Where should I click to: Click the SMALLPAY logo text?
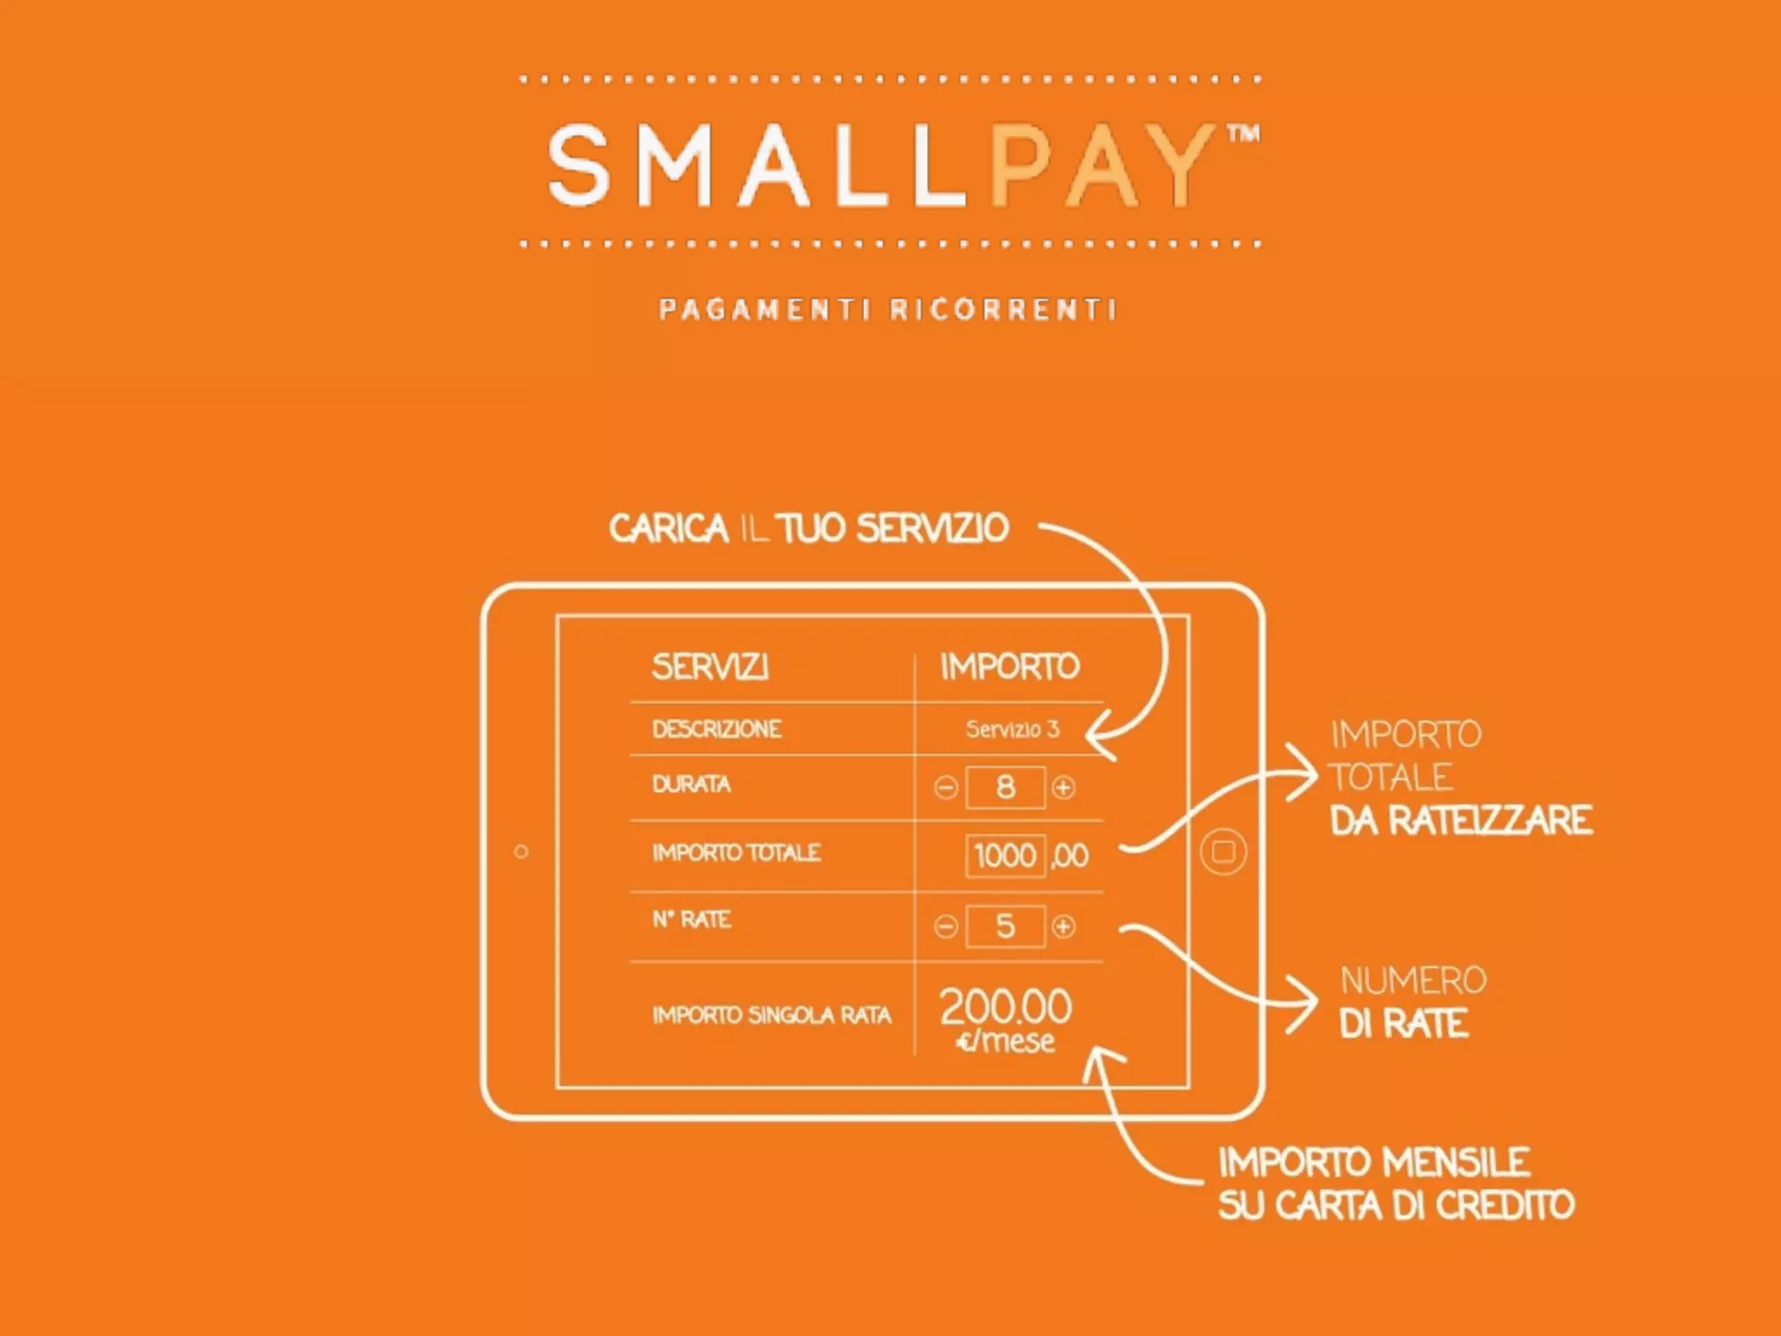coord(878,165)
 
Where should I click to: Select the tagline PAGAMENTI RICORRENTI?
coord(887,310)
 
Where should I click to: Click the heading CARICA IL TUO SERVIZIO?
coord(809,529)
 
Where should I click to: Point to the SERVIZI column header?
coord(710,667)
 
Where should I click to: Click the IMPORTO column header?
coord(1010,667)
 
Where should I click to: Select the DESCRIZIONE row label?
coord(717,729)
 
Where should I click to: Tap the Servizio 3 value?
coord(1012,729)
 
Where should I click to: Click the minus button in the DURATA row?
coord(945,788)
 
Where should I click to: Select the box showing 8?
coord(1005,788)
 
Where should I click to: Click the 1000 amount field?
coord(1005,856)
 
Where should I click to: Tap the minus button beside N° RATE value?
coord(945,926)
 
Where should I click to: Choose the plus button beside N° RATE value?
coord(1063,926)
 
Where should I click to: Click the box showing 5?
coord(1005,926)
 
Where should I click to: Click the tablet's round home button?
coord(1223,852)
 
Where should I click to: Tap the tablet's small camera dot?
coord(521,852)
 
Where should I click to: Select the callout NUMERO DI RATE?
coord(1411,1002)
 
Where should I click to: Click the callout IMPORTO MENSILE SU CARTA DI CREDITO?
coord(1395,1184)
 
